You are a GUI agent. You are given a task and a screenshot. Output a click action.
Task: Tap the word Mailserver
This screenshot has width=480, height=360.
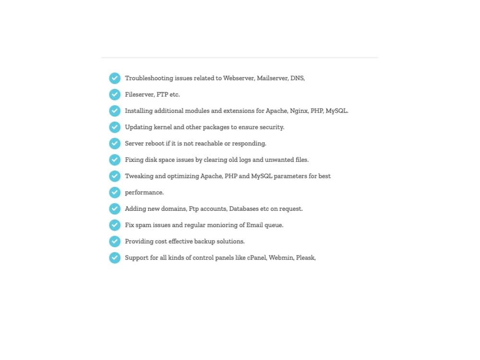coord(272,78)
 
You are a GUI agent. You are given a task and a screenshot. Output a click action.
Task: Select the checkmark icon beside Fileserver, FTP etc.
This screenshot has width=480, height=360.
coord(115,95)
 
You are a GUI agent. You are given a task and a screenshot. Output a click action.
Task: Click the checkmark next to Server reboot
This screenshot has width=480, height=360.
coord(115,144)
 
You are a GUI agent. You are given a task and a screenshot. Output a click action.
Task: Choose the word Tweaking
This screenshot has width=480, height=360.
coord(139,176)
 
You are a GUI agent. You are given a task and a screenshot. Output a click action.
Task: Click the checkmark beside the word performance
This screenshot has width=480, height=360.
coord(115,192)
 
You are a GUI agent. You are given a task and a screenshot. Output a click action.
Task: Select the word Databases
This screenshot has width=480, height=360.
coord(244,209)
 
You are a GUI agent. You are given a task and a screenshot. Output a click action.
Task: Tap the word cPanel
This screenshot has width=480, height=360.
coord(257,258)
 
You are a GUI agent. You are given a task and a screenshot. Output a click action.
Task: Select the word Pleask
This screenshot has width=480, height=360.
coord(306,258)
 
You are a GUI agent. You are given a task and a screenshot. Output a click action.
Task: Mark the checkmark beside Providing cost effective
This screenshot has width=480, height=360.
coord(115,241)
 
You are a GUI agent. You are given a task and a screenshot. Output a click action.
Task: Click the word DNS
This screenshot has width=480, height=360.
coord(298,78)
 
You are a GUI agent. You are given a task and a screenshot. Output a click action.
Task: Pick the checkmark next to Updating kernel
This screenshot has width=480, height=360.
coord(115,127)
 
